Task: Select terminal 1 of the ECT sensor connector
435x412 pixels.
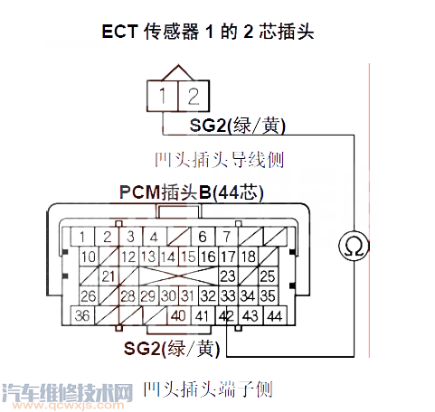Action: click(161, 95)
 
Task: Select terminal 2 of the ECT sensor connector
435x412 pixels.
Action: click(192, 95)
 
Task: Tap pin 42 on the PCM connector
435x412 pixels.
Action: click(226, 315)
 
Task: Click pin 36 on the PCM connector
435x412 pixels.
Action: click(82, 315)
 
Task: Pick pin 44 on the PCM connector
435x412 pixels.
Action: click(275, 315)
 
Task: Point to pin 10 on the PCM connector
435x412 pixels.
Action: click(88, 257)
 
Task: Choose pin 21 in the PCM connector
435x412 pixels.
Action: click(110, 276)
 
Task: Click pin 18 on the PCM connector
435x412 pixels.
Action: click(249, 257)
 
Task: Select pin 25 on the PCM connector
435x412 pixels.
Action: click(267, 276)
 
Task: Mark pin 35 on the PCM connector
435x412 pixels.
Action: click(269, 295)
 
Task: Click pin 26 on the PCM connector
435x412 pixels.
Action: click(88, 295)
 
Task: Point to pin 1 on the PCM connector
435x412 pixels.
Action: click(82, 238)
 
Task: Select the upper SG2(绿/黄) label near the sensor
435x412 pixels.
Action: click(231, 124)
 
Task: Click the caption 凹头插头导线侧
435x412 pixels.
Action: click(219, 160)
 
